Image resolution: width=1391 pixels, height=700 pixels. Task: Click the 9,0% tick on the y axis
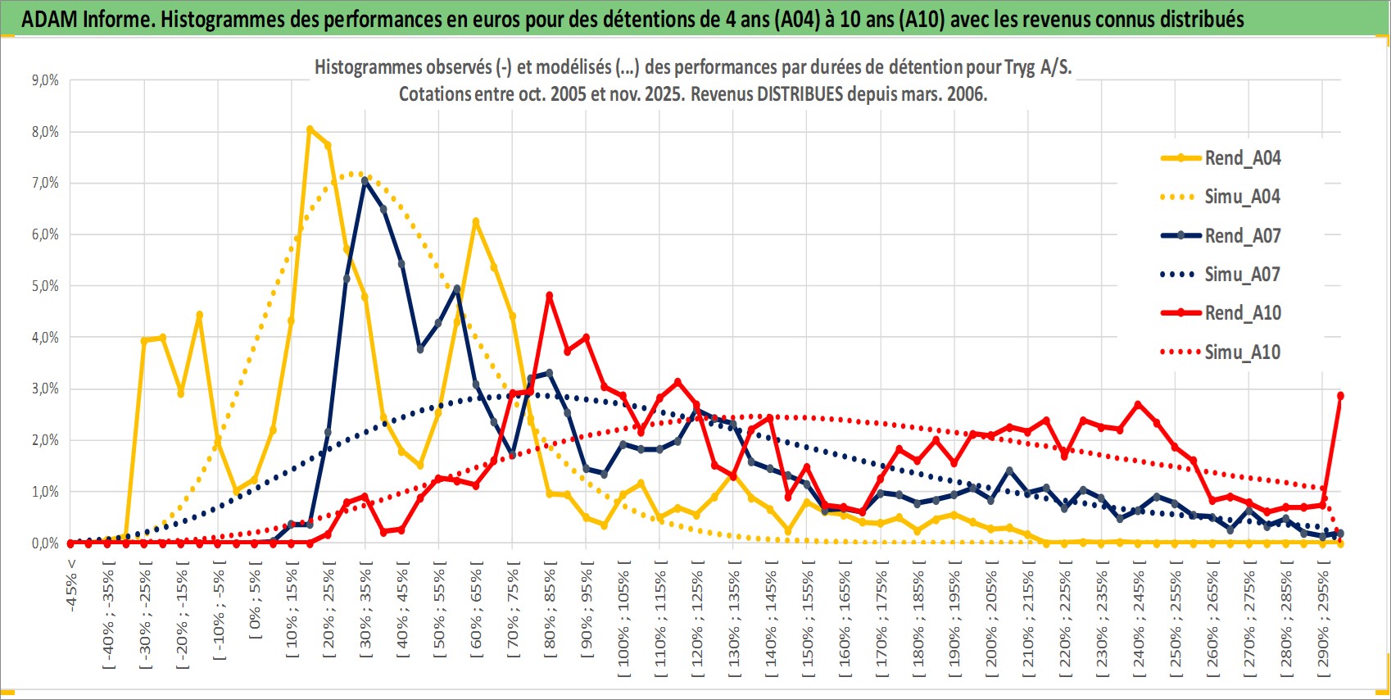pos(45,80)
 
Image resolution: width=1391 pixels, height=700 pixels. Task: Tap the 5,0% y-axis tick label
pos(45,286)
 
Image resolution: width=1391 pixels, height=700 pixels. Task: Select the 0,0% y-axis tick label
pos(45,543)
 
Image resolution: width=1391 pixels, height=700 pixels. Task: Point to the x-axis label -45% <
pos(72,585)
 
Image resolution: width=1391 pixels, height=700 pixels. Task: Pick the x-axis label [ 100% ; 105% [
pos(624,619)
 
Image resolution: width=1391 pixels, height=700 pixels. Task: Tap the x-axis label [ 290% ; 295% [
pos(1324,619)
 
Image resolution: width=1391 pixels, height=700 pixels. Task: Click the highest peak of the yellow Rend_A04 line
pos(310,129)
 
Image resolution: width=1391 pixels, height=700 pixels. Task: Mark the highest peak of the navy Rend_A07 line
pos(365,180)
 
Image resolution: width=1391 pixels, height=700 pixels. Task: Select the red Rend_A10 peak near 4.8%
pos(549,295)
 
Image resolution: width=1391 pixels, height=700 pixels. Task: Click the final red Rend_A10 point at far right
pos(1340,395)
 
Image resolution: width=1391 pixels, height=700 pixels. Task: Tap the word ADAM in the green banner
pos(45,19)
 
